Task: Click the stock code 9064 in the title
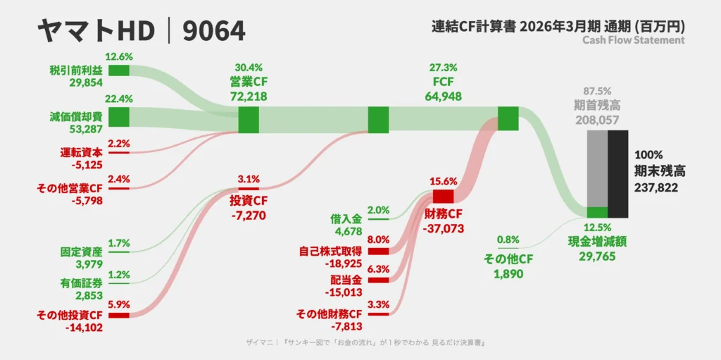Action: (214, 32)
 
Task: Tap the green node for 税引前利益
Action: (118, 70)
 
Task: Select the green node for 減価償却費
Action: (118, 116)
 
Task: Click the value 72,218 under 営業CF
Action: (249, 97)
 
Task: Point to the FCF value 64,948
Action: (443, 97)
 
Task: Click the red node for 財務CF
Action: (444, 197)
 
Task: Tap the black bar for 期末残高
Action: (618, 174)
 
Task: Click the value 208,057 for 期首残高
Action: (596, 120)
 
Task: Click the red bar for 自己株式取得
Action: (378, 252)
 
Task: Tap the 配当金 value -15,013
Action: (343, 292)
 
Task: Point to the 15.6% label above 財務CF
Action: (444, 182)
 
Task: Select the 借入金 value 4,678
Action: (349, 230)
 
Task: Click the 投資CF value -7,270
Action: (249, 215)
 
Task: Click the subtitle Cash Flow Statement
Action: (634, 40)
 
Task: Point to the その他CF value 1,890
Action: (508, 274)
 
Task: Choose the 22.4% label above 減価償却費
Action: (118, 99)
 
